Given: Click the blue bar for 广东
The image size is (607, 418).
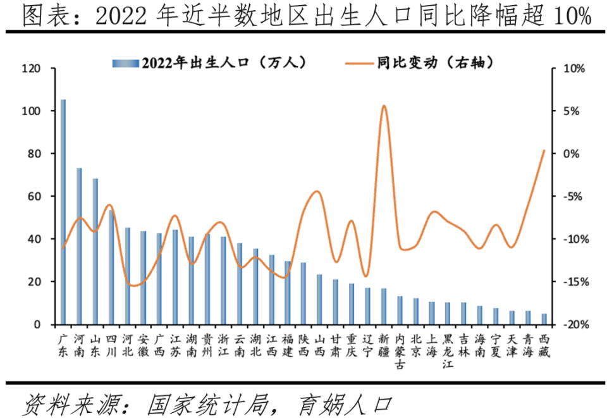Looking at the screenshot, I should (63, 212).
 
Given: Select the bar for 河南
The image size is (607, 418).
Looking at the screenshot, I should (79, 246).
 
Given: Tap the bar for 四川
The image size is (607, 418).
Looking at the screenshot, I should (111, 267).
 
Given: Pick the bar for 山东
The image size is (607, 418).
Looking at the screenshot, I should (95, 251).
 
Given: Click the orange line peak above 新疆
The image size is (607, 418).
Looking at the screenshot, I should (384, 106).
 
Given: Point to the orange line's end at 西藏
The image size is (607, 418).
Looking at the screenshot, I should (544, 151).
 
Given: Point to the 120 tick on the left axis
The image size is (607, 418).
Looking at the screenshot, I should (30, 68).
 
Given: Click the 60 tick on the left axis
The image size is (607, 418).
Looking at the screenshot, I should (33, 197).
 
